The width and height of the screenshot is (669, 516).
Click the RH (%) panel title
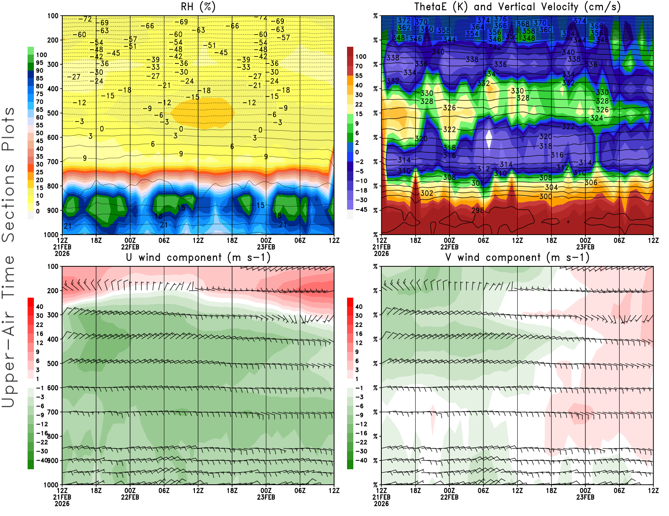click(198, 7)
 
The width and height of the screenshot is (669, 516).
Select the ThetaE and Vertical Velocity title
click(517, 7)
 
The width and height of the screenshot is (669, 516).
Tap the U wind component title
click(198, 257)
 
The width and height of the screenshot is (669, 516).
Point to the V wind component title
click(517, 257)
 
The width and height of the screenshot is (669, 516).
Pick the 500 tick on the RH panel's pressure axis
click(53, 113)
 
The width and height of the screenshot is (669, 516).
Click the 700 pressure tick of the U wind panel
click(53, 412)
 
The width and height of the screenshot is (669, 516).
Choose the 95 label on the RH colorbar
click(40, 63)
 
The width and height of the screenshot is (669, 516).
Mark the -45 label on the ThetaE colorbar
click(361, 210)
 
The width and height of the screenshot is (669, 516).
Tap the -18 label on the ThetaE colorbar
click(361, 190)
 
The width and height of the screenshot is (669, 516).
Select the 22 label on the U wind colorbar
click(40, 325)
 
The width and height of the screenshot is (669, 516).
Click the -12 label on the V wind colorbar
click(361, 424)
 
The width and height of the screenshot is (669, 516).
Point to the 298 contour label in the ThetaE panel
click(477, 210)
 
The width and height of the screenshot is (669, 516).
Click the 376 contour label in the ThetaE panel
click(500, 19)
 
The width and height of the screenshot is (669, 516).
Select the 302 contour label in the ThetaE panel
click(426, 193)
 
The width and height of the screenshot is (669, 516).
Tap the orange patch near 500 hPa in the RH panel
click(203, 113)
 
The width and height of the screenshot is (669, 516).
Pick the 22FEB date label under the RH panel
click(130, 247)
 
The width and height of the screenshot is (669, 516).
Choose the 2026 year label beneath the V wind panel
click(381, 503)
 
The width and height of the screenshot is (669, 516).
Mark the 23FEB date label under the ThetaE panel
click(585, 247)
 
